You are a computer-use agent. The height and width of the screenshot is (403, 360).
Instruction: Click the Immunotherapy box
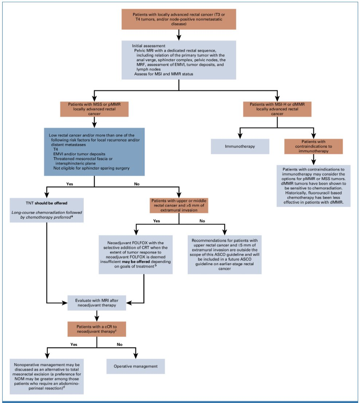pos(240,147)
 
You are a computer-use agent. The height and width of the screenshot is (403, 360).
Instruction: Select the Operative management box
pos(135,366)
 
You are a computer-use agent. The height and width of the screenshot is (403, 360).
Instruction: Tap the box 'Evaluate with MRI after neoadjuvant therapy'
pos(97,303)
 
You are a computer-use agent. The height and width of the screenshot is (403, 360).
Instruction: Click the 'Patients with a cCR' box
pos(97,329)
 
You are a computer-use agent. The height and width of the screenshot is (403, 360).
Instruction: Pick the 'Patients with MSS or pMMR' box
pos(94,109)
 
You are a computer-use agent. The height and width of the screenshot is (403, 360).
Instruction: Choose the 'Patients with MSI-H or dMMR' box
pos(277,109)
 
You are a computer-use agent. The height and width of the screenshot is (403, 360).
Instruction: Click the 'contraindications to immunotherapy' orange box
pos(313,147)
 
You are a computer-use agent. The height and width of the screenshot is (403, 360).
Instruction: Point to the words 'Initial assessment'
pos(149,46)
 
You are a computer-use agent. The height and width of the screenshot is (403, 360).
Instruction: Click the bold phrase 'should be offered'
pos(51,203)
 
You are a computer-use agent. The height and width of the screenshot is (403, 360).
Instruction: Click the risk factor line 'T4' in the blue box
pos(56,149)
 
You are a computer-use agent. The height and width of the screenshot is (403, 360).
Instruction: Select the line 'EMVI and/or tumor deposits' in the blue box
pos(79,154)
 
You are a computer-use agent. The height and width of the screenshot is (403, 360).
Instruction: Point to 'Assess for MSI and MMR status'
pos(163,74)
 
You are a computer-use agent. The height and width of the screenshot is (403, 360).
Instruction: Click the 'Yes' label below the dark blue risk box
pos(70,184)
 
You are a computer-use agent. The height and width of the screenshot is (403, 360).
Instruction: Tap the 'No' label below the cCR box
pos(119,344)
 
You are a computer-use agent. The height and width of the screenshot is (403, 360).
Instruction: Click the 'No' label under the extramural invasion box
pos(202,221)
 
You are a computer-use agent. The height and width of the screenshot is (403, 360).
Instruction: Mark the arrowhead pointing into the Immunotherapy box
pos(240,136)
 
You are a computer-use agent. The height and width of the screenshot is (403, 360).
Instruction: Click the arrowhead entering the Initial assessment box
pos(179,37)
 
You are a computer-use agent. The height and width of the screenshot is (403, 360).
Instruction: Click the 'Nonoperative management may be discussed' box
pos(47,376)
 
